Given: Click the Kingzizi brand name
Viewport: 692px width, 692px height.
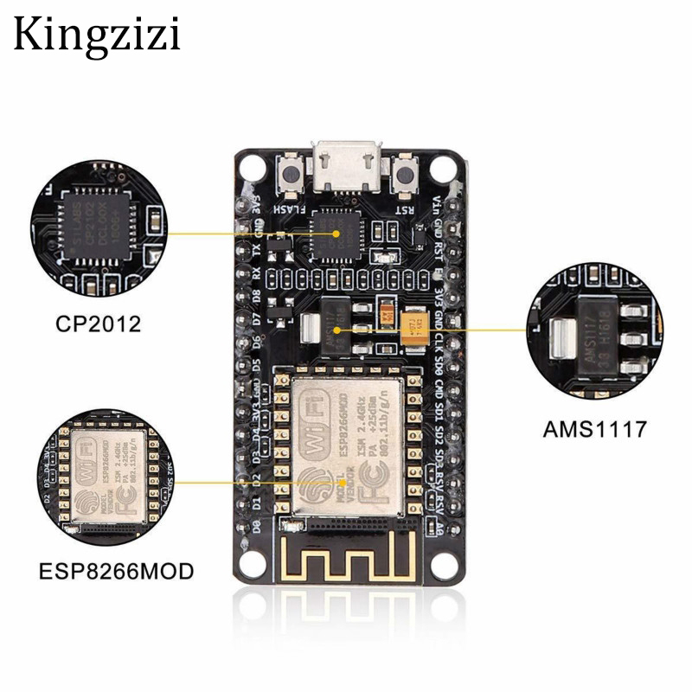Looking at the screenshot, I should (x=96, y=35).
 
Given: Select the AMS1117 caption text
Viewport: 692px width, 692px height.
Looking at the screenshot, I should (x=595, y=428).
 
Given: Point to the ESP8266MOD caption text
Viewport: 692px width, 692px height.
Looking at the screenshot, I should (x=115, y=572).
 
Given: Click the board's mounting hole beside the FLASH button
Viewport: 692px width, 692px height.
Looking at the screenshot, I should (x=251, y=164).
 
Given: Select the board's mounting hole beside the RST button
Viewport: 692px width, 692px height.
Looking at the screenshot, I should (x=445, y=164).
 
